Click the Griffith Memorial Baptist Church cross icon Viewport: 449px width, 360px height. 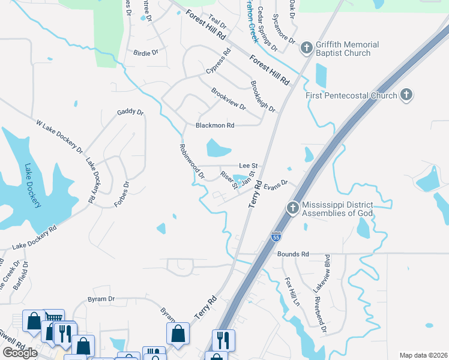(306, 47)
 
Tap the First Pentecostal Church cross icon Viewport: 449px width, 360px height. (406, 95)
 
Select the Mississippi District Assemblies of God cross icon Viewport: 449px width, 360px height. (293, 208)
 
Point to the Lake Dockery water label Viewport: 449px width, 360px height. (33, 186)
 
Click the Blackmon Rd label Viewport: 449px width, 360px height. (215, 125)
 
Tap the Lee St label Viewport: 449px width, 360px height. (248, 166)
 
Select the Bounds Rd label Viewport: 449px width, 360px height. (293, 254)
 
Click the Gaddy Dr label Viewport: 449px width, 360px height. (131, 112)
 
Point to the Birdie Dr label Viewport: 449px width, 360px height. (146, 53)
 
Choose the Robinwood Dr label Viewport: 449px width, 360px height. (191, 161)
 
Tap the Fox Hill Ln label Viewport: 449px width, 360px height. (292, 292)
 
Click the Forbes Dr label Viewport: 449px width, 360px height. (122, 194)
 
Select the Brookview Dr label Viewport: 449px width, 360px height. (229, 99)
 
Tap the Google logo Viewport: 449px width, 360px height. (20, 353)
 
